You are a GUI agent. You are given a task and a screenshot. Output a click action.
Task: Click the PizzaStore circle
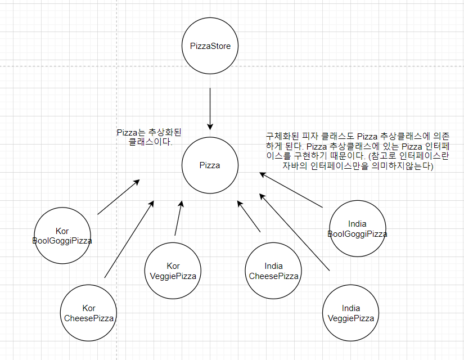[x=210, y=46]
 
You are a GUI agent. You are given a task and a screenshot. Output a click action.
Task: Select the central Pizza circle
[x=210, y=165]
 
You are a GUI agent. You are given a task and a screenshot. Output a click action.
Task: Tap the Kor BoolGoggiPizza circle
[x=62, y=236]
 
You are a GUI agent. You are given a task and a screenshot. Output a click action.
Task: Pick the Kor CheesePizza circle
[x=89, y=313]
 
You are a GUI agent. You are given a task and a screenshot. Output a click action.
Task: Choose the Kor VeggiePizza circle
[x=173, y=271]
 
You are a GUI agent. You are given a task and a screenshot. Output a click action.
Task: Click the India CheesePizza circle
[x=273, y=271]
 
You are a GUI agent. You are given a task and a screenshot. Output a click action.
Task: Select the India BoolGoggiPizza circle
[x=357, y=228]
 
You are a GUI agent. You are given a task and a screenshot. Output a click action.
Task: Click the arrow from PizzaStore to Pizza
[x=210, y=108]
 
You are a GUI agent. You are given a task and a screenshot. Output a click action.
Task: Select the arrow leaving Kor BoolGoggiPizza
[x=118, y=197]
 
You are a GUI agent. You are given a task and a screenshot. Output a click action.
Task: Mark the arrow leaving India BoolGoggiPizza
[x=291, y=191]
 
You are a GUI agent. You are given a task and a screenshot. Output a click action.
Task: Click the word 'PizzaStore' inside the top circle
[x=210, y=46]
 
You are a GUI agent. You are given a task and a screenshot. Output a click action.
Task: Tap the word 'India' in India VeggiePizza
[x=351, y=308]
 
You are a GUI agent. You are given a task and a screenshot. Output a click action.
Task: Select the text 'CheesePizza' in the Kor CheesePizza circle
[x=89, y=318]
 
